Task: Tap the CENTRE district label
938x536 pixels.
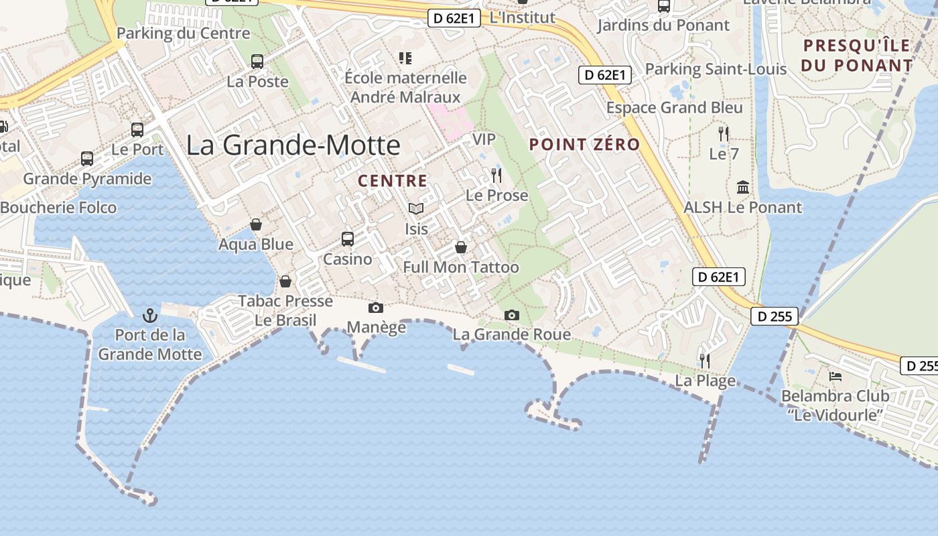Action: pyautogui.click(x=393, y=181)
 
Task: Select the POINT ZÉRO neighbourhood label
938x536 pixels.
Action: pyautogui.click(x=584, y=144)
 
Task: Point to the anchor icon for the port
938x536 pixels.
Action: pyautogui.click(x=150, y=315)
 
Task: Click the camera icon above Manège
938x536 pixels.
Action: pyautogui.click(x=376, y=308)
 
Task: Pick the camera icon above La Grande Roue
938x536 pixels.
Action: pyautogui.click(x=512, y=315)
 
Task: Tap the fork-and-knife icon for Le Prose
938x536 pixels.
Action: pyautogui.click(x=496, y=176)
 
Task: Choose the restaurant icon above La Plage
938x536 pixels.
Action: pyautogui.click(x=705, y=360)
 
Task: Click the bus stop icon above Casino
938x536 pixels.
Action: pyautogui.click(x=347, y=239)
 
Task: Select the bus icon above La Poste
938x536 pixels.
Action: pyautogui.click(x=257, y=62)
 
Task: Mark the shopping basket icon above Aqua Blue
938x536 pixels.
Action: pyautogui.click(x=256, y=224)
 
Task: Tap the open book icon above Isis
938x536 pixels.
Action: pyautogui.click(x=416, y=209)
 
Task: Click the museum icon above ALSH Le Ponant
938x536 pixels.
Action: pyautogui.click(x=742, y=187)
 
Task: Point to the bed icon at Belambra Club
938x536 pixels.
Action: pyautogui.click(x=835, y=376)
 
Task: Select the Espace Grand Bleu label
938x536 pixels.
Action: pyautogui.click(x=674, y=108)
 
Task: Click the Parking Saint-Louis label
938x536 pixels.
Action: pyautogui.click(x=716, y=69)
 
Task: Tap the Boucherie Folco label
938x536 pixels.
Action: pyautogui.click(x=58, y=208)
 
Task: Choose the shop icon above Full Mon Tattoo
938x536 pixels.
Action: pyautogui.click(x=461, y=247)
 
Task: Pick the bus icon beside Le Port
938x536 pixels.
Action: pyautogui.click(x=137, y=129)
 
